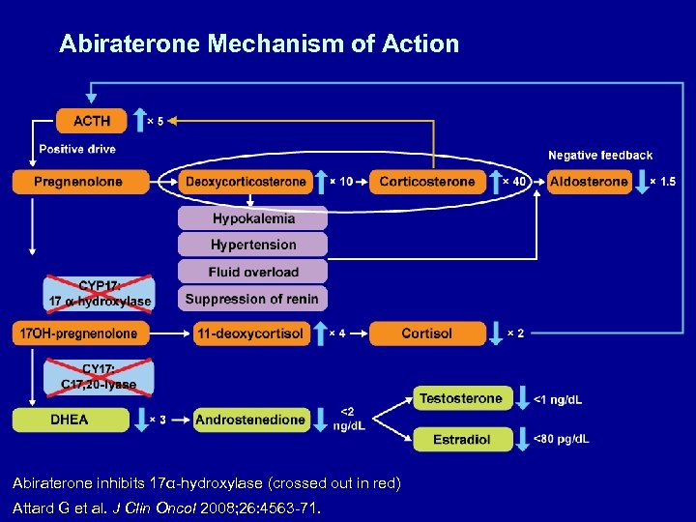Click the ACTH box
pos(92,121)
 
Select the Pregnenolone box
pos(81,182)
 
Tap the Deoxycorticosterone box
pos(245,182)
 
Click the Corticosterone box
pos(427,182)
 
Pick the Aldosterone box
pos(589,182)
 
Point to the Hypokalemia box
pos(252,217)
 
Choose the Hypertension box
pos(252,245)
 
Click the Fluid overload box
pos(252,272)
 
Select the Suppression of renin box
pos(252,299)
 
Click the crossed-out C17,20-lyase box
pos(99,377)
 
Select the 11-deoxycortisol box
pos(249,333)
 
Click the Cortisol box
pos(426,333)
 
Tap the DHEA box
pos(71,420)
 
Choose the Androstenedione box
pos(250,420)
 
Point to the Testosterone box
pos(460,398)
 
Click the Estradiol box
pos(460,439)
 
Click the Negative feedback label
pos(600,155)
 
